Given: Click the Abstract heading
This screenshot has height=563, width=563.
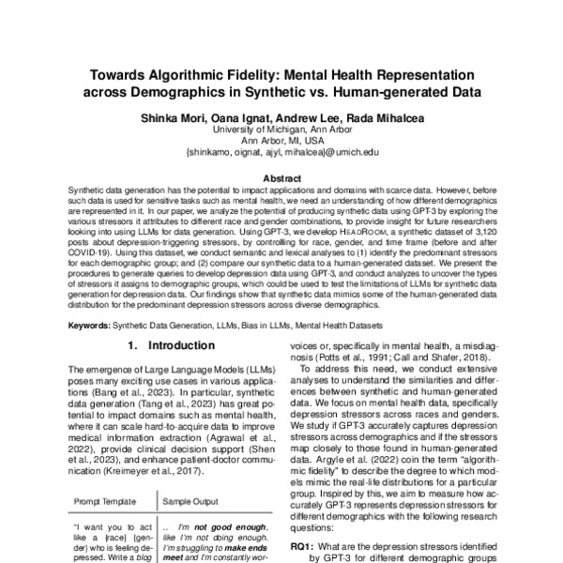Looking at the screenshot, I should (281, 177).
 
